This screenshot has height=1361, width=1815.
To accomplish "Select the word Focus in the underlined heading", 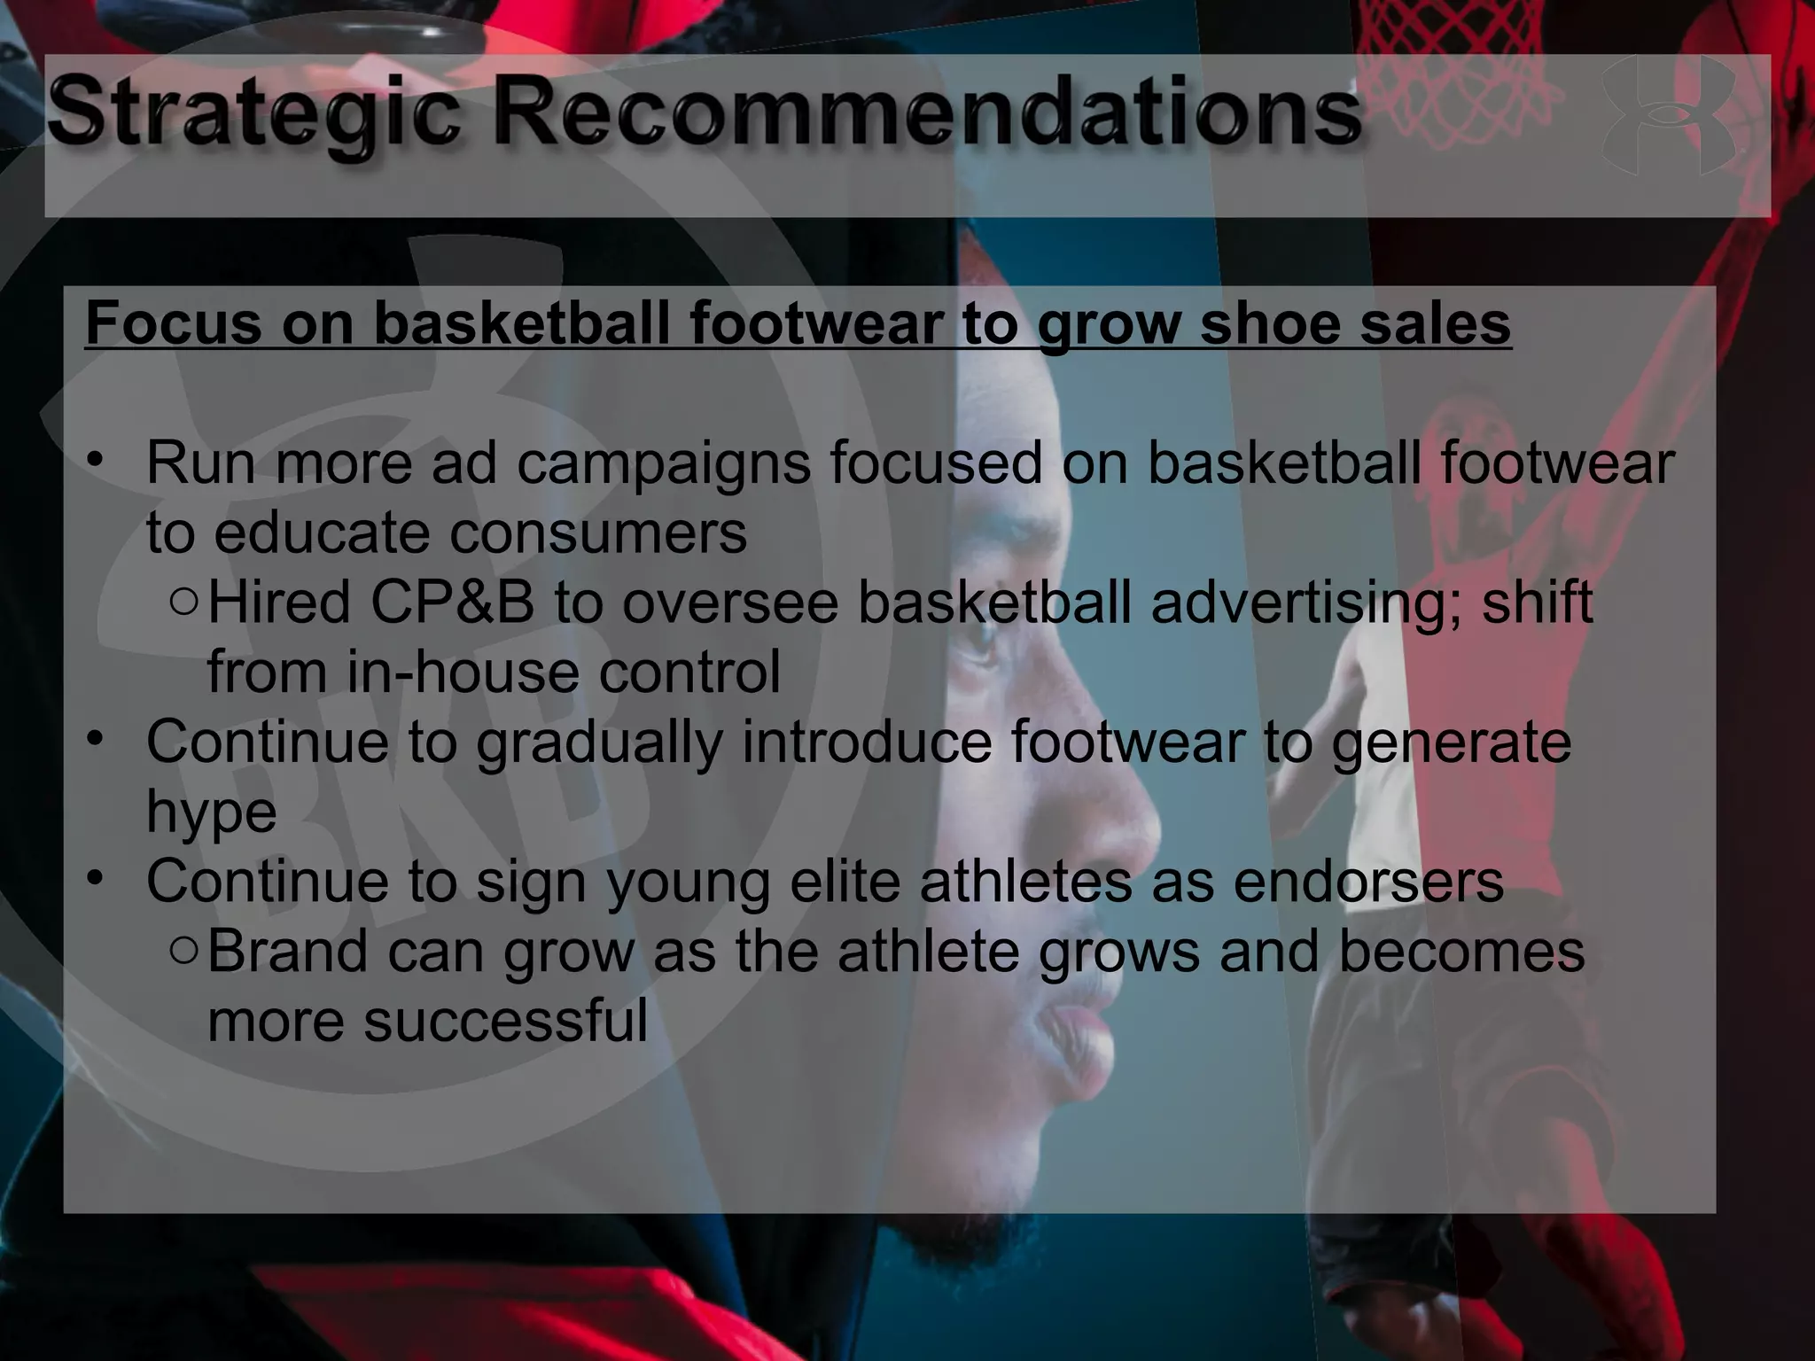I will point(173,323).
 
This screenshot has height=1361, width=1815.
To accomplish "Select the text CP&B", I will point(452,603).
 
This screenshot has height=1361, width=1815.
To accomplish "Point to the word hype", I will point(211,813).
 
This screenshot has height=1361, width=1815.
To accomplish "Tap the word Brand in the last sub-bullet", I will point(286,951).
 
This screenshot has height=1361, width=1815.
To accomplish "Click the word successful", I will point(505,1020).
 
